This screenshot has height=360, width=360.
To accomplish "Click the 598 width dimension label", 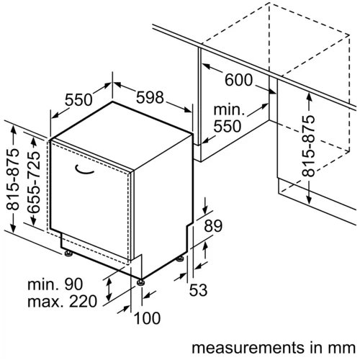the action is click(x=150, y=97).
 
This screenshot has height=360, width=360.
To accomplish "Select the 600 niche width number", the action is click(x=238, y=80).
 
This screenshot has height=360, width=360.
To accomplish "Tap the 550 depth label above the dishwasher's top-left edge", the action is click(x=78, y=100).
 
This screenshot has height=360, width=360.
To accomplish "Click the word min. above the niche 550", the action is click(x=229, y=110).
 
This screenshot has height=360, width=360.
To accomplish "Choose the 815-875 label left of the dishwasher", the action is click(x=12, y=179).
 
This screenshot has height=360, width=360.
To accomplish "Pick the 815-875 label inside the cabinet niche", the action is click(x=308, y=146).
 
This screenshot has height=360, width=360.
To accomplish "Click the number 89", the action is click(x=213, y=225).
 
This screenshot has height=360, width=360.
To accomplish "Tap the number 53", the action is click(x=198, y=290).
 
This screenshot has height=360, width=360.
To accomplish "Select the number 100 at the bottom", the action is click(x=147, y=318).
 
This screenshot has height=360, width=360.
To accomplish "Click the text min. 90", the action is click(x=55, y=284).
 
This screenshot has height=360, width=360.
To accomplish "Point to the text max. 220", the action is click(x=63, y=302).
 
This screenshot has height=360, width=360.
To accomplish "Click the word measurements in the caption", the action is click(x=247, y=348).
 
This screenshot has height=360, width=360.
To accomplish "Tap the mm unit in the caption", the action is click(x=343, y=348).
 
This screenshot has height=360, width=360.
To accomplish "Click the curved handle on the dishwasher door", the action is click(x=84, y=170).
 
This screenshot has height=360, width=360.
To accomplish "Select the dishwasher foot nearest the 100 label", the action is click(x=140, y=282).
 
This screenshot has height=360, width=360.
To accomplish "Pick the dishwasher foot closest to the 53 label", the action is click(x=180, y=258).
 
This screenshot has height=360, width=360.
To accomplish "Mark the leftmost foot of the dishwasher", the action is click(x=68, y=253).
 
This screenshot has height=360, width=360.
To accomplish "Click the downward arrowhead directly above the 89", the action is click(x=205, y=210).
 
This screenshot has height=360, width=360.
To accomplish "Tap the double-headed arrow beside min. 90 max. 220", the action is click(x=109, y=289).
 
